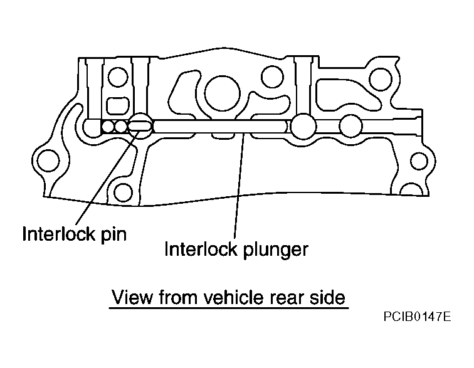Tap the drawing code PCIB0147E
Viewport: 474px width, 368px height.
tap(418, 318)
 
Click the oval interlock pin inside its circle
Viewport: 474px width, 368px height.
tap(140, 126)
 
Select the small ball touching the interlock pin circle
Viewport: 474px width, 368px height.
tap(122, 127)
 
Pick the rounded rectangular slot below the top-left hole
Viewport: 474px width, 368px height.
tap(116, 103)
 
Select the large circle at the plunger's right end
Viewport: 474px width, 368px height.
tap(303, 125)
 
